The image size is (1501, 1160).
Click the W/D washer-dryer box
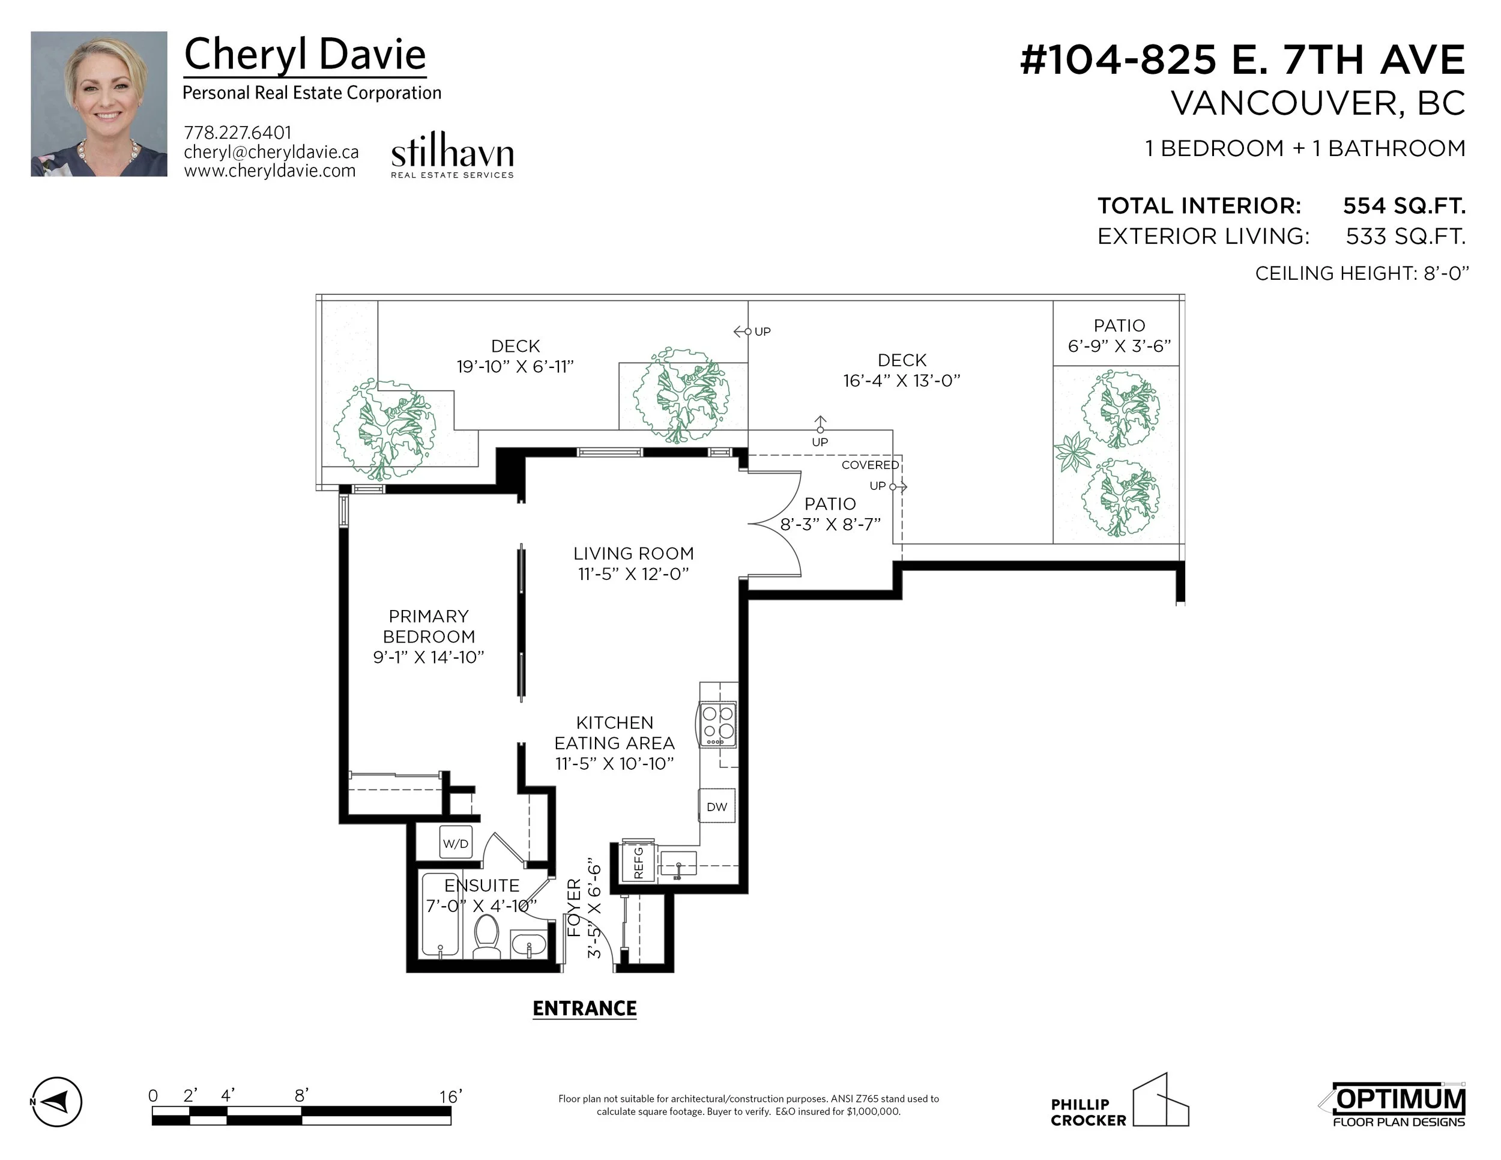[x=456, y=842]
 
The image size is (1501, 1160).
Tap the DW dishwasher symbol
[x=717, y=806]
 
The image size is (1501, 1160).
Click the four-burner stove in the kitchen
[x=717, y=724]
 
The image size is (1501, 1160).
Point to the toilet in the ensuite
[x=488, y=936]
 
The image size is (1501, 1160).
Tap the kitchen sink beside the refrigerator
[x=678, y=864]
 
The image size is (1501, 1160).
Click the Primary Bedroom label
[x=429, y=626]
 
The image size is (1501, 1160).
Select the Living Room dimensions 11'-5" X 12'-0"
[x=633, y=574]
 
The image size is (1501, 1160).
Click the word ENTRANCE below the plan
[x=585, y=1008]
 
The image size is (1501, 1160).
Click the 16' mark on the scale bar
[x=450, y=1096]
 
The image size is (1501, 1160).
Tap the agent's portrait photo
[x=99, y=104]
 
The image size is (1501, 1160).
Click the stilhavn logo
[x=452, y=155]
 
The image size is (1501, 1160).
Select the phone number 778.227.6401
[x=238, y=133]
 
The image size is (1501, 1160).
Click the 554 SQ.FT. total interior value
[x=1404, y=205]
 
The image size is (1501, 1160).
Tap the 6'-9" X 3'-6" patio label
[x=1119, y=346]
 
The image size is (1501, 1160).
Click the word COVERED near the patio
[x=870, y=465]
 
